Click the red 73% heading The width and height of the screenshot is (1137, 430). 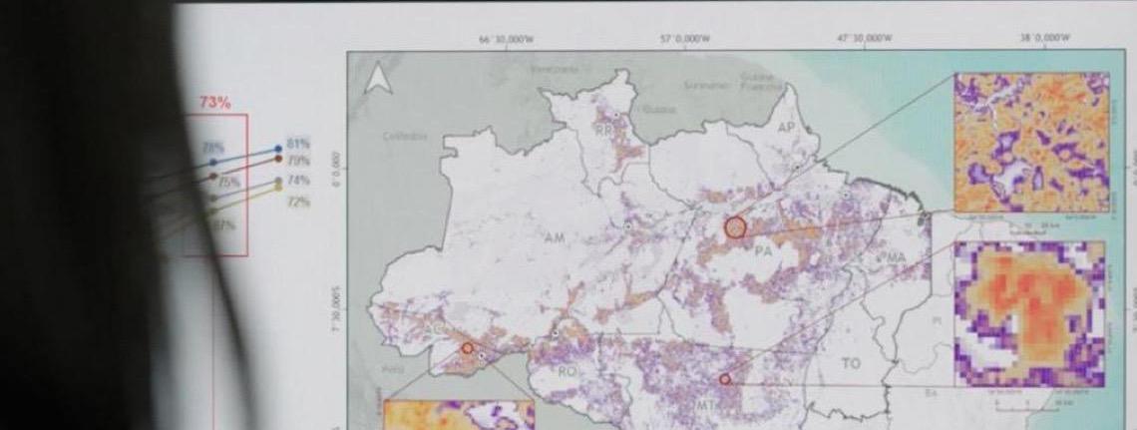point(214,102)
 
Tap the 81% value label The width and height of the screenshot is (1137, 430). point(298,145)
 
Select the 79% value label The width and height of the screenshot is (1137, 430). point(298,160)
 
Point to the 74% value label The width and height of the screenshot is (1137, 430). point(298,181)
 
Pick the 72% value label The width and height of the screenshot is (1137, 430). point(298,202)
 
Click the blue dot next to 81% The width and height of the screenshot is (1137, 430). point(277,150)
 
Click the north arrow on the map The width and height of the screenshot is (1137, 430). point(378,79)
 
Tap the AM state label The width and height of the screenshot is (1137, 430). point(555,238)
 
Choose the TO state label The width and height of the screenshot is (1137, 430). point(850,363)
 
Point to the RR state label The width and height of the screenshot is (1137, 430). point(603,130)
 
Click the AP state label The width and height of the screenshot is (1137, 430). point(787,128)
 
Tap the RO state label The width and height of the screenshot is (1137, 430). point(568,371)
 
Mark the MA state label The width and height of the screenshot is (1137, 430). point(894,258)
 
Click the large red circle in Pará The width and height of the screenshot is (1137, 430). point(735,227)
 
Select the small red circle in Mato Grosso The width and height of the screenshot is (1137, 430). point(725,379)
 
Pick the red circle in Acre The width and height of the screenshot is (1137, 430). point(467,348)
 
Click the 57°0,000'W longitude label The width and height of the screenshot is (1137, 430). point(685,39)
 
